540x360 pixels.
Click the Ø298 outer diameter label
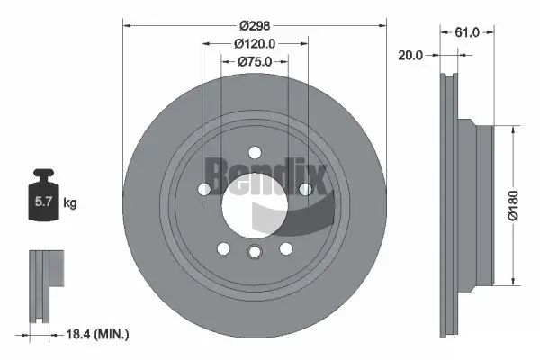[255, 25]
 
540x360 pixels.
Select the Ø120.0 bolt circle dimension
[255, 43]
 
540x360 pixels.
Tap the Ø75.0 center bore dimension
[255, 61]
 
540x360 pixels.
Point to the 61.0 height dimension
[467, 31]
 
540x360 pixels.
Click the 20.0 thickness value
[410, 54]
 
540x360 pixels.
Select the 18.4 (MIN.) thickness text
[100, 335]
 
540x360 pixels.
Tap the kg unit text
[70, 203]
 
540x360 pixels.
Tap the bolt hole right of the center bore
[305, 189]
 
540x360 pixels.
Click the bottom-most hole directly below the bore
[255, 251]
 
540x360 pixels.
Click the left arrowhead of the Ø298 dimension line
[126, 25]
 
